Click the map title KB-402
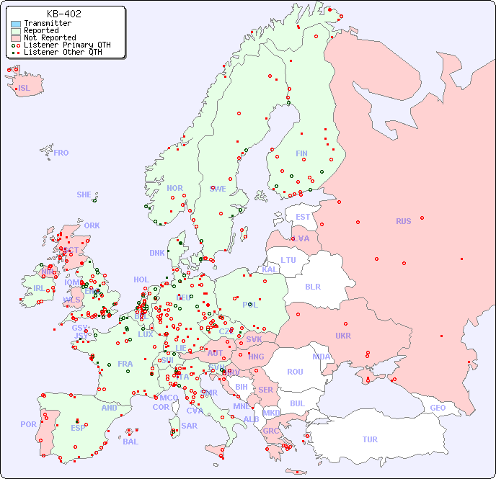[63, 14]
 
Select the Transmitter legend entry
[47, 24]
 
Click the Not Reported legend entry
[49, 37]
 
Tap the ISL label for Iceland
[25, 89]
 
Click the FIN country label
[301, 153]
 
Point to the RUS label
[403, 221]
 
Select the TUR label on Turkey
[370, 439]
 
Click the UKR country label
[343, 336]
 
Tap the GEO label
[438, 408]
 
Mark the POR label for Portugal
[28, 424]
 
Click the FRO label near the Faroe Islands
[61, 153]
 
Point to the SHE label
[84, 194]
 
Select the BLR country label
[312, 287]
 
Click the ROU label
[295, 372]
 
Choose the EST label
[303, 217]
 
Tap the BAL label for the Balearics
[130, 442]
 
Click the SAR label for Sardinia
[189, 426]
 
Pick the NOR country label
[174, 188]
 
